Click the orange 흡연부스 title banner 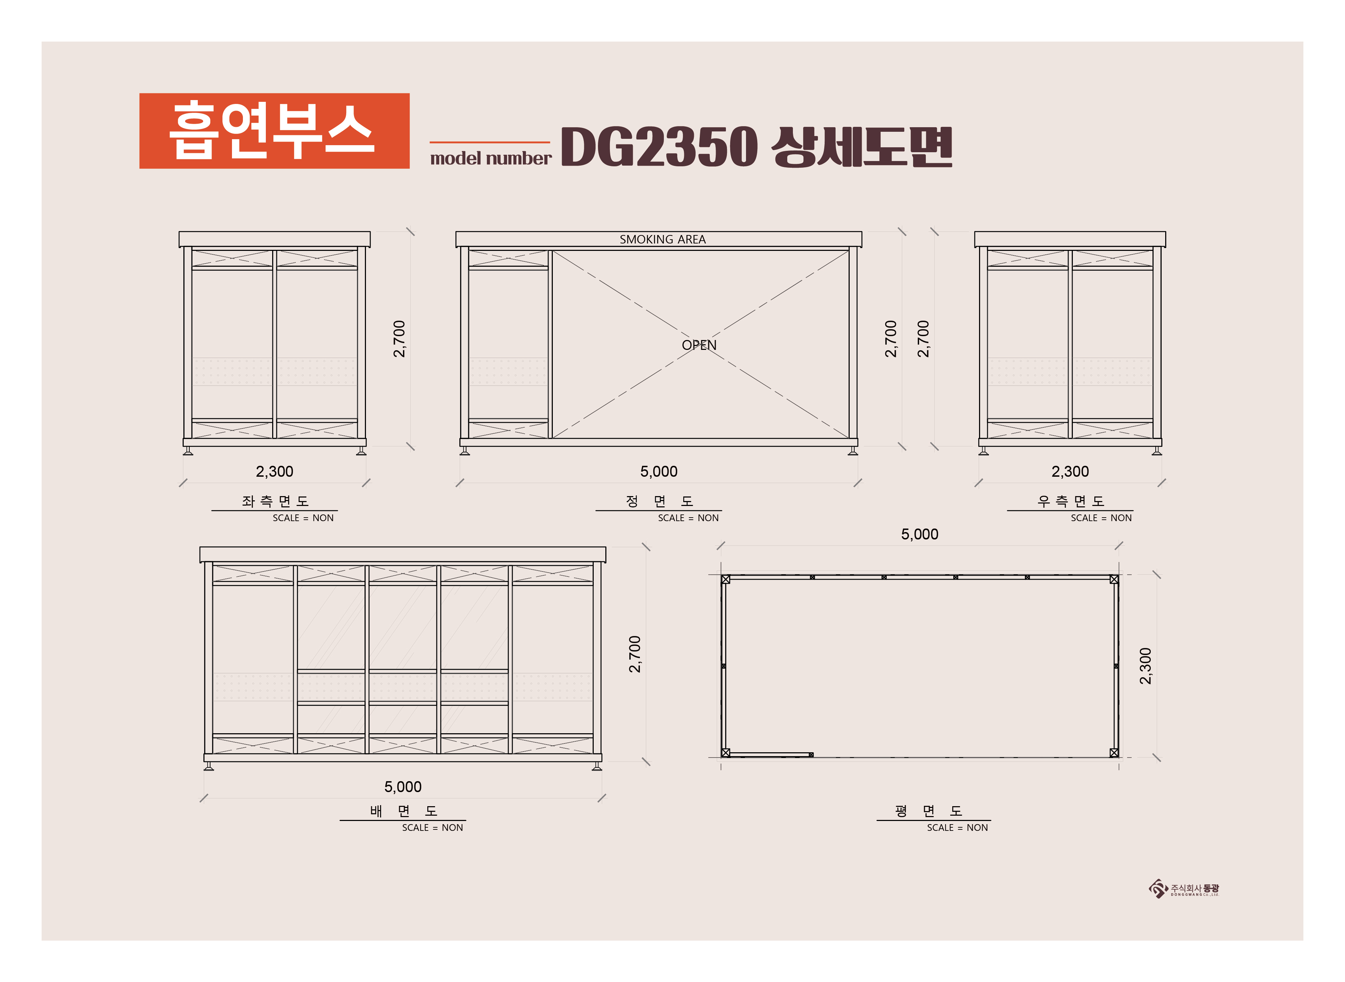click(x=274, y=131)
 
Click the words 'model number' click(x=490, y=158)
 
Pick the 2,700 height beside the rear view click(x=635, y=654)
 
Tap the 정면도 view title click(x=659, y=501)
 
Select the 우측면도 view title click(x=1071, y=501)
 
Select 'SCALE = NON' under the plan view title click(x=957, y=827)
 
